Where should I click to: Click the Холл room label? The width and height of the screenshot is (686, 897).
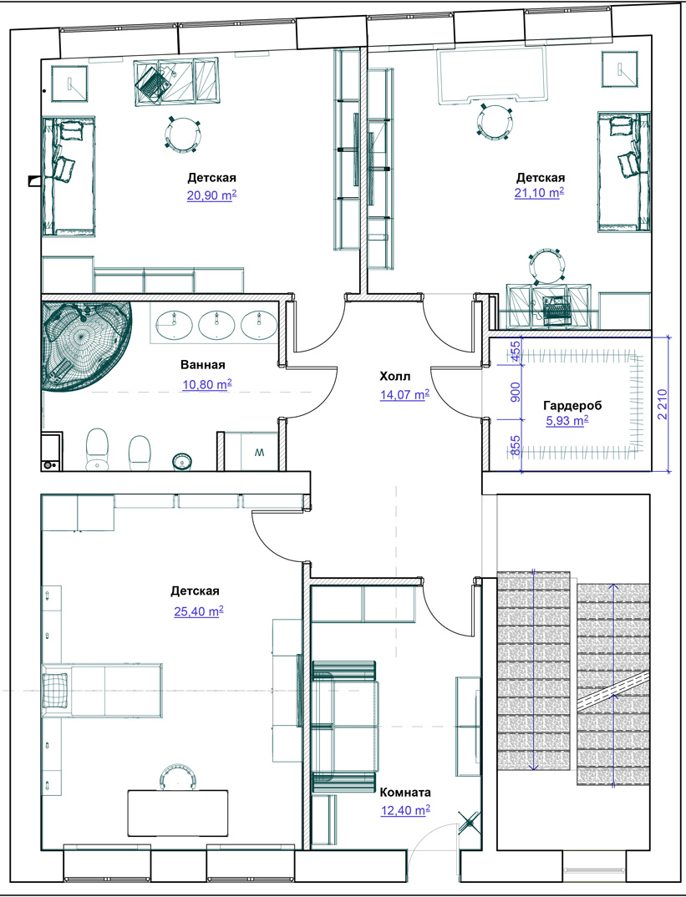point(395,376)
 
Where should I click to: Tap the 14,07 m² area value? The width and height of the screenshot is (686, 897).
point(404,394)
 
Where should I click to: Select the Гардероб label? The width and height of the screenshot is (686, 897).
point(572,406)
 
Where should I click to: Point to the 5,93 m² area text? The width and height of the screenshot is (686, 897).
point(567,422)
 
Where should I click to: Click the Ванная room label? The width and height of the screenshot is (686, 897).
point(203,365)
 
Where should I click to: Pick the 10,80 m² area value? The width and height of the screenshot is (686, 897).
point(206,384)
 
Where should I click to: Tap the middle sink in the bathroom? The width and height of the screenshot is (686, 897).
point(217,324)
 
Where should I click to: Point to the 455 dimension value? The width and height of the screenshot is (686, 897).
point(515,350)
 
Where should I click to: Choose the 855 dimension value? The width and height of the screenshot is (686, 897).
point(515,446)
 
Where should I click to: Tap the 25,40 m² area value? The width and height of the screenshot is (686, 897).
point(199,611)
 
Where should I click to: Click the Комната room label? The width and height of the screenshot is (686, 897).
point(405,793)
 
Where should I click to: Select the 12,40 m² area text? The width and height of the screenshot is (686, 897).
point(405,810)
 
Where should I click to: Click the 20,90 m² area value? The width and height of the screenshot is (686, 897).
point(211,195)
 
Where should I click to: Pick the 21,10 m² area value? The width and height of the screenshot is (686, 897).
point(539,193)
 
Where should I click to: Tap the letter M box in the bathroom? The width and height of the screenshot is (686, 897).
point(259,453)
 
